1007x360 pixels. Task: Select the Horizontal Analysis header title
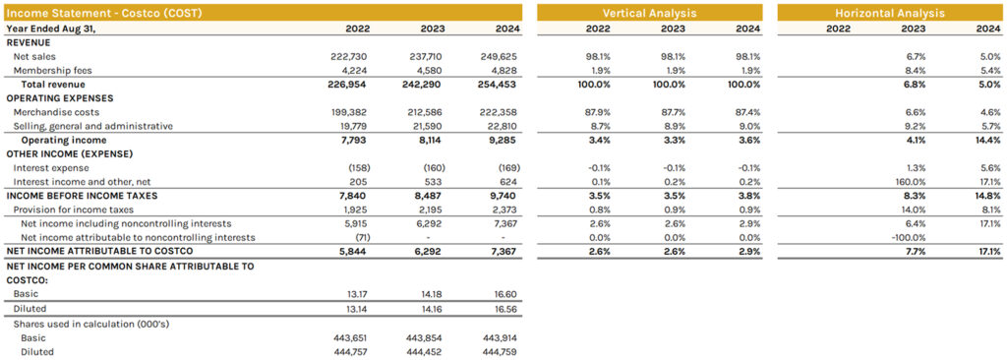889,13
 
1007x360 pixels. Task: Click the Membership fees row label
49,71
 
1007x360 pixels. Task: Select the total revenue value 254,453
498,85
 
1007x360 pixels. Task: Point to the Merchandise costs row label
55,113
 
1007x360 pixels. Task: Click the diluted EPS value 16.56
503,308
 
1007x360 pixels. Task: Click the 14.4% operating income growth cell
986,141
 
